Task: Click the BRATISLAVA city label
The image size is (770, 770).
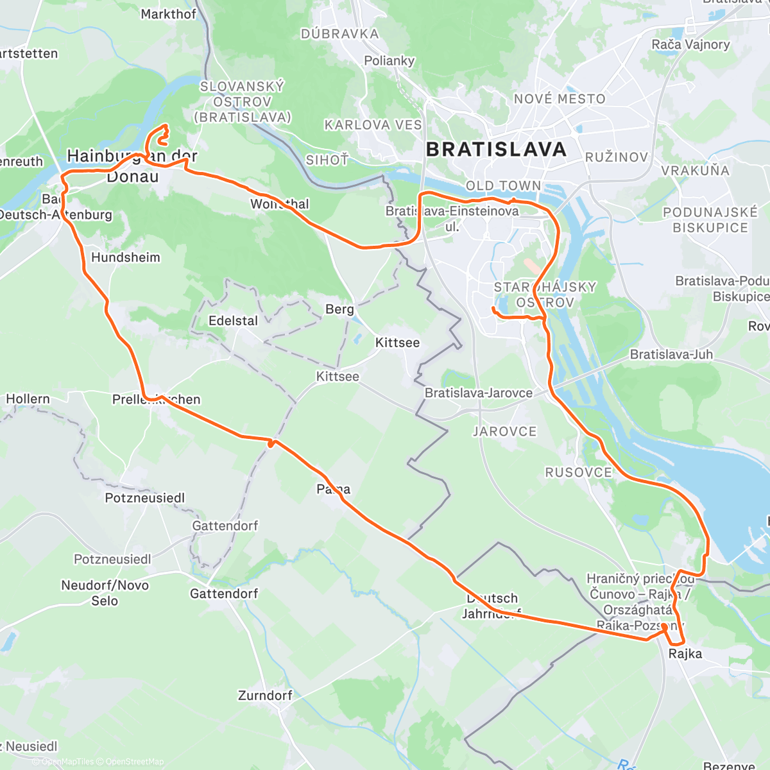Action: (496, 150)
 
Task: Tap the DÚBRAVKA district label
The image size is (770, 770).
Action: (339, 34)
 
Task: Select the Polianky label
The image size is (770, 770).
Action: (389, 61)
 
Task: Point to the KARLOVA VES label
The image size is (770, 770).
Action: (373, 125)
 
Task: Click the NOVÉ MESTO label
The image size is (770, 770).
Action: (560, 99)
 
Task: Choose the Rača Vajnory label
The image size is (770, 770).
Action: (690, 44)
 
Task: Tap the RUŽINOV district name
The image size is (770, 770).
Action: (617, 157)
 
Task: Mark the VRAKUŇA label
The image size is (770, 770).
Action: (696, 171)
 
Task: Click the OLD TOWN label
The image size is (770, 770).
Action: (503, 185)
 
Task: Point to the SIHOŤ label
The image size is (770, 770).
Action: (327, 160)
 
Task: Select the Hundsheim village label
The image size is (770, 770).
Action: (126, 257)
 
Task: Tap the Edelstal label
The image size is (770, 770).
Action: (233, 321)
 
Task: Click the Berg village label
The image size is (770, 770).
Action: (339, 309)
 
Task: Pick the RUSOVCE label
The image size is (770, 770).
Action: (578, 472)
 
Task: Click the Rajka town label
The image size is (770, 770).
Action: (685, 654)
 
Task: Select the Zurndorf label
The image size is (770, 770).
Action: (265, 696)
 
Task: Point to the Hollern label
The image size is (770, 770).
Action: (28, 399)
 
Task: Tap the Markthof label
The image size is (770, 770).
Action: (168, 14)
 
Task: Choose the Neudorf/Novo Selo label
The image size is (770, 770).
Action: (105, 593)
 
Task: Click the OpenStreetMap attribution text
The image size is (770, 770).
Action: (134, 762)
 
